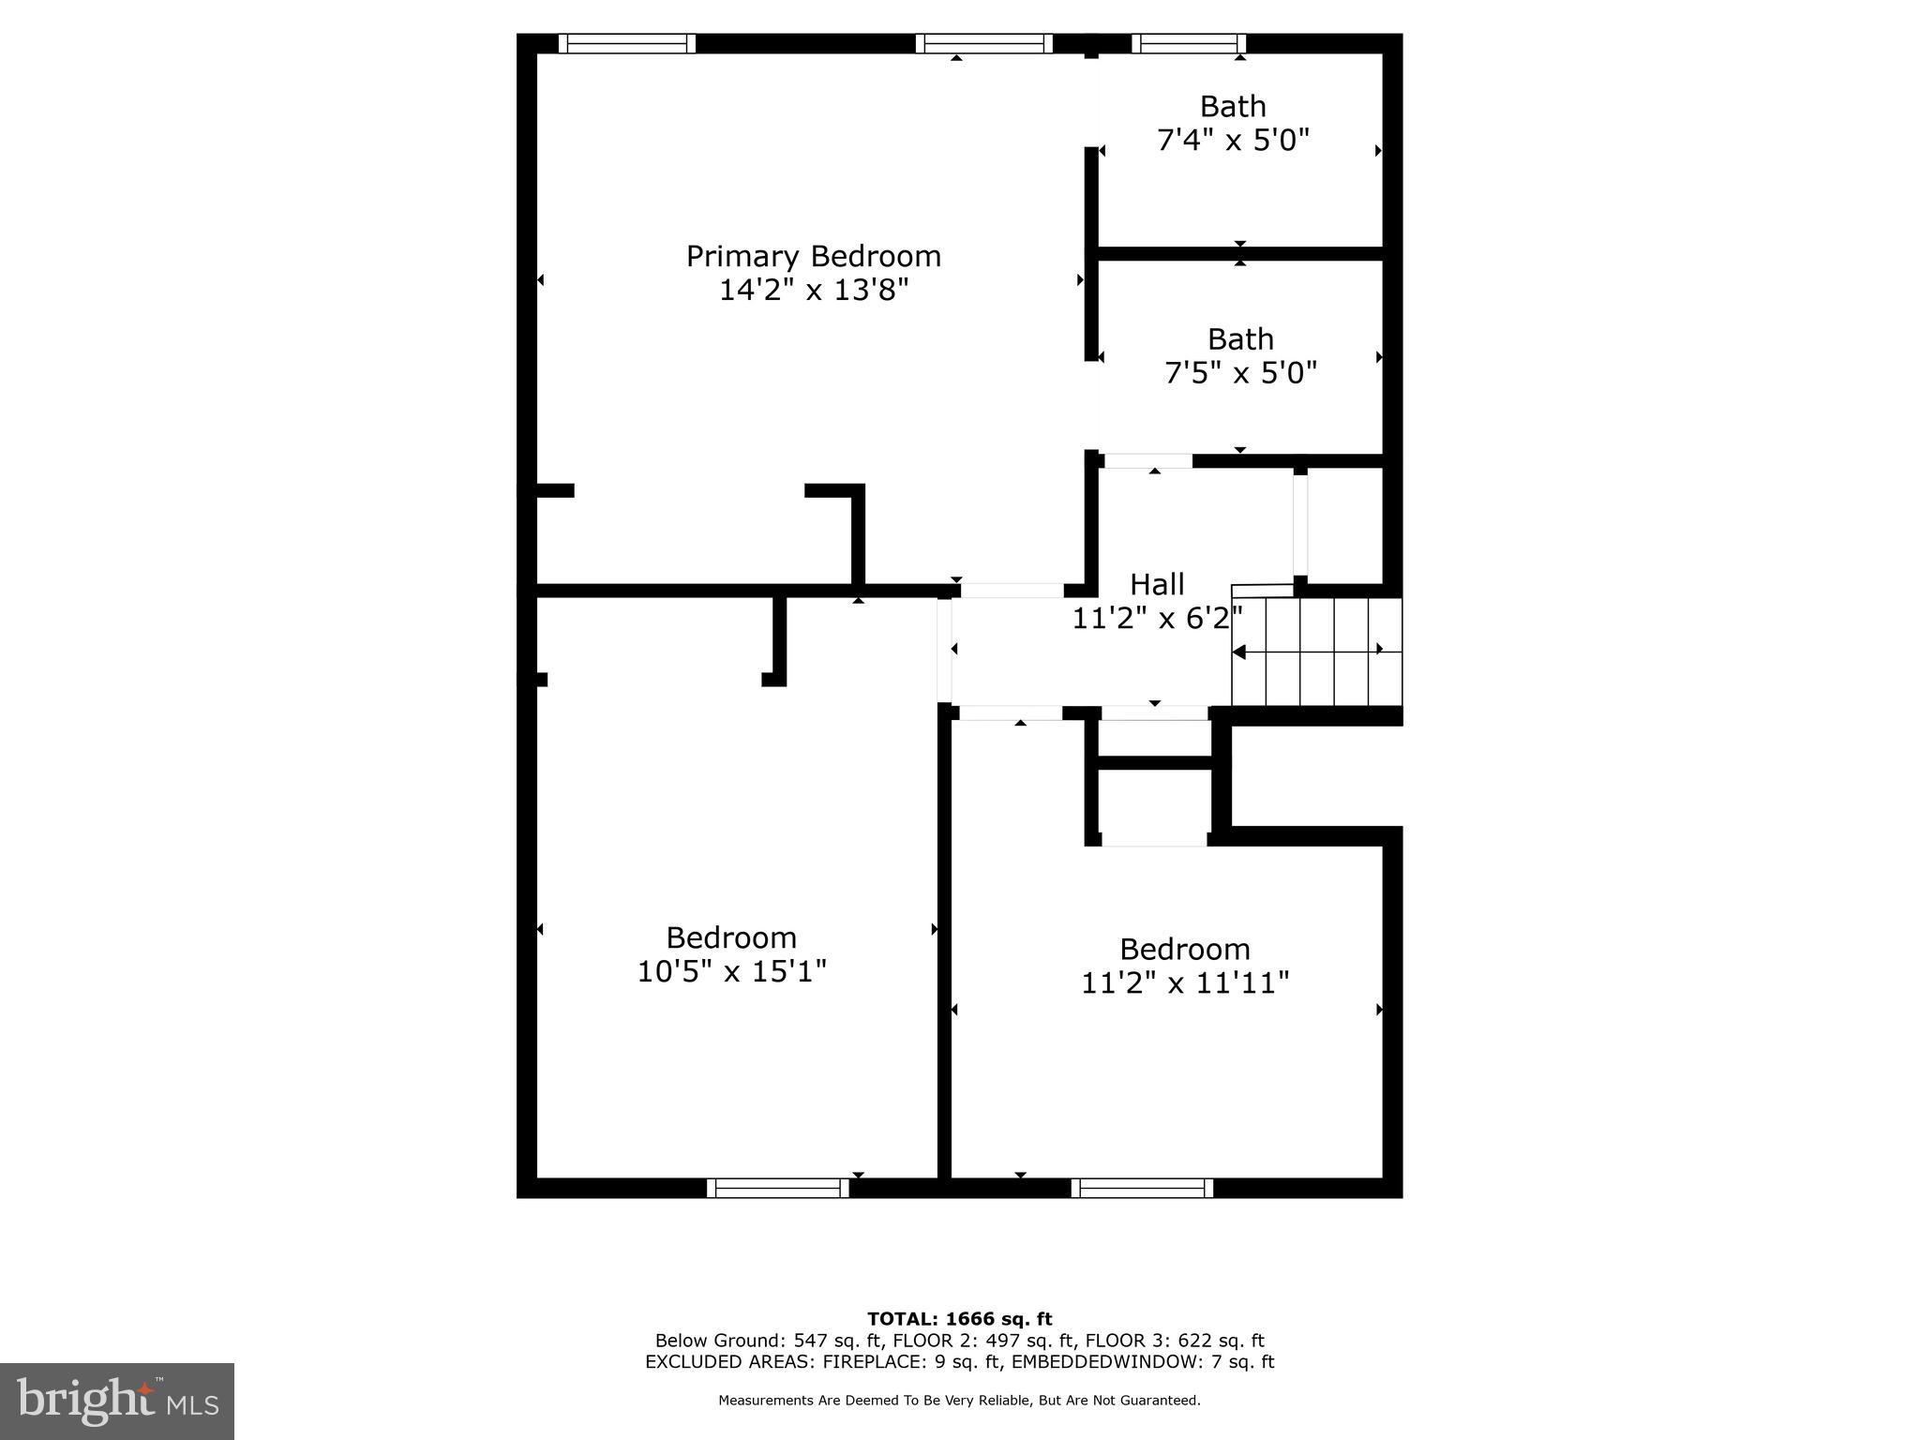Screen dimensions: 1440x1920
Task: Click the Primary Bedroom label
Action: point(813,256)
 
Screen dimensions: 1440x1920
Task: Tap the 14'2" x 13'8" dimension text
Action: point(813,290)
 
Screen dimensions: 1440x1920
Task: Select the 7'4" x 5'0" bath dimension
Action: point(1232,141)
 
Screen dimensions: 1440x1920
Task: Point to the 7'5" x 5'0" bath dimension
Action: point(1239,373)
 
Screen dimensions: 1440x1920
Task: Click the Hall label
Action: point(1156,584)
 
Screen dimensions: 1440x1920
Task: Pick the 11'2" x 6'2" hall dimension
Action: point(1156,619)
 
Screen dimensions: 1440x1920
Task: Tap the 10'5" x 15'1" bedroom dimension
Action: point(731,971)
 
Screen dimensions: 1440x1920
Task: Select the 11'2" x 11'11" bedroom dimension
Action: point(1184,982)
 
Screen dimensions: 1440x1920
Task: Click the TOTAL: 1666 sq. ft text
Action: point(959,1319)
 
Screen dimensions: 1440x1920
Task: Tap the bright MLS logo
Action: point(117,1402)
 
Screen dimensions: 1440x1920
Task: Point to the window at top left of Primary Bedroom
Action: point(626,43)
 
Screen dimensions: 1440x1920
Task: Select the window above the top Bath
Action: point(1188,43)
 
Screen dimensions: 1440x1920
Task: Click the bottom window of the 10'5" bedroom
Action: point(777,1188)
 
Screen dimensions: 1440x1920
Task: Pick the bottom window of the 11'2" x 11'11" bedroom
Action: point(1141,1188)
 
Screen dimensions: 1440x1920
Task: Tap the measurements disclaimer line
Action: point(959,1401)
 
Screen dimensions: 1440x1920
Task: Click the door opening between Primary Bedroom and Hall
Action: point(1012,591)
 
